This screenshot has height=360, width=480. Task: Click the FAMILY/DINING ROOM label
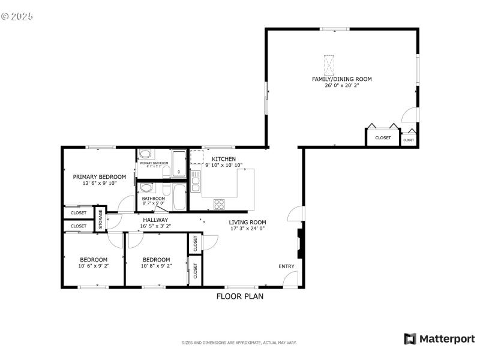click(x=341, y=79)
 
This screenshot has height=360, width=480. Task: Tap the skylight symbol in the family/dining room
click(x=329, y=64)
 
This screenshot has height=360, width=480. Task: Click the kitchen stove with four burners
click(x=219, y=203)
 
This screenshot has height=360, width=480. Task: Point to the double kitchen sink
click(x=196, y=181)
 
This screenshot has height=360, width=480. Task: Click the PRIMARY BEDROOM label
click(x=100, y=177)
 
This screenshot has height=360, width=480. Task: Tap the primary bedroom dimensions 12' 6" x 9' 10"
click(x=100, y=184)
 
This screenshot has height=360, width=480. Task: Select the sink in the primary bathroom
click(x=146, y=155)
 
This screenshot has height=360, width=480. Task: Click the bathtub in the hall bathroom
click(x=179, y=197)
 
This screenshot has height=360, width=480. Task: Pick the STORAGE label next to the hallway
click(x=101, y=219)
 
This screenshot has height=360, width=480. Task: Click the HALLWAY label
click(x=155, y=220)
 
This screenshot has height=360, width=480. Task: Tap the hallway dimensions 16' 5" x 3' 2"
click(x=155, y=227)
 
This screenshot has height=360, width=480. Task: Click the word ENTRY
click(x=286, y=266)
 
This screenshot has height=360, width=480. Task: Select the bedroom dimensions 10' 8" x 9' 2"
click(x=156, y=266)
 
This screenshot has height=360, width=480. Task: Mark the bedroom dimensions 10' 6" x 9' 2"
click(x=93, y=266)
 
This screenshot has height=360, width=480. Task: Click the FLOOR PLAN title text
click(x=239, y=296)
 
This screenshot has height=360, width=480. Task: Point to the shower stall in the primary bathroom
click(x=179, y=164)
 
